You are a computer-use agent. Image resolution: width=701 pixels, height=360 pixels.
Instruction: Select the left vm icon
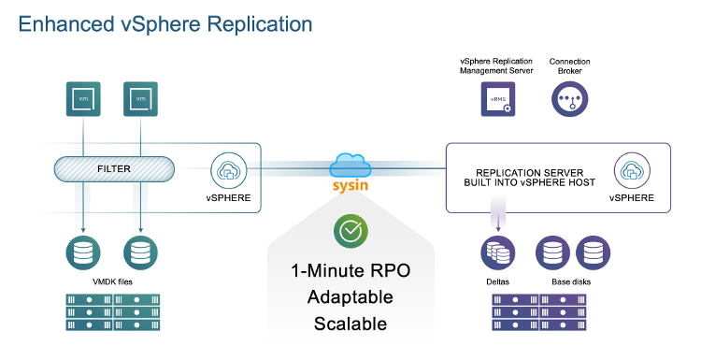(x=83, y=98)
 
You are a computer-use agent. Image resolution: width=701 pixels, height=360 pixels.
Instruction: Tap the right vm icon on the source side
(x=140, y=98)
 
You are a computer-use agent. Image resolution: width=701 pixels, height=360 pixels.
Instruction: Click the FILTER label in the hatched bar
(x=113, y=169)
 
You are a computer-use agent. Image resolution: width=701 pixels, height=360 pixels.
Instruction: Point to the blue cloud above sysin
(x=350, y=166)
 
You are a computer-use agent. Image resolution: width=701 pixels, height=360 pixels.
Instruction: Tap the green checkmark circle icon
(x=350, y=231)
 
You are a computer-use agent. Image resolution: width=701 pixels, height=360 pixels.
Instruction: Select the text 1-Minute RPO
(x=350, y=272)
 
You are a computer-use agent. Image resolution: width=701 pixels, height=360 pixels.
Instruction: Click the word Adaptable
(x=350, y=297)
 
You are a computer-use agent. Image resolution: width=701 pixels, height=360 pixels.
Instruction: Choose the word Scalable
(x=350, y=324)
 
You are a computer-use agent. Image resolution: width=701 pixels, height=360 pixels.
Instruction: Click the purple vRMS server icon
(x=497, y=98)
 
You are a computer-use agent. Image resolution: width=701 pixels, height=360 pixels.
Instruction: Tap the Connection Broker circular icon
(x=569, y=98)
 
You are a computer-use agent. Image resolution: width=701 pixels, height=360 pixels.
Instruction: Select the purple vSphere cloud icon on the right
(x=631, y=171)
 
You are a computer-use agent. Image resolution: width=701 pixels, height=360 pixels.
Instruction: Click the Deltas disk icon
(x=496, y=252)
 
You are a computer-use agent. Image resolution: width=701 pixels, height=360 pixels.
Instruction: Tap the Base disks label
(x=572, y=281)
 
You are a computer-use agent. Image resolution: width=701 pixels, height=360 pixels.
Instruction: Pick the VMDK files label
(x=112, y=281)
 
